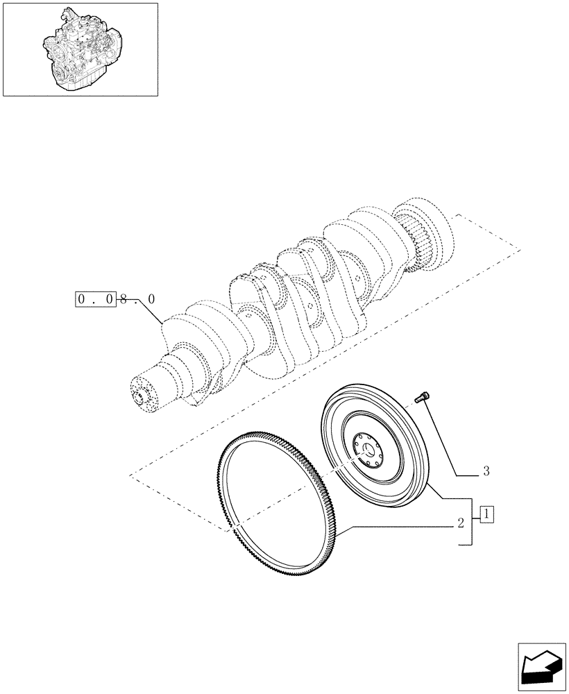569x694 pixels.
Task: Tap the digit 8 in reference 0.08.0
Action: [x=124, y=300]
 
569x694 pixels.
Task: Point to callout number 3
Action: [x=486, y=472]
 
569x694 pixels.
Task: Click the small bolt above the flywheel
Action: [x=421, y=398]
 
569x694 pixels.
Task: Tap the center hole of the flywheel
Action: [x=366, y=453]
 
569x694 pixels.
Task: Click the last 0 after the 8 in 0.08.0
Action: [x=151, y=300]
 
